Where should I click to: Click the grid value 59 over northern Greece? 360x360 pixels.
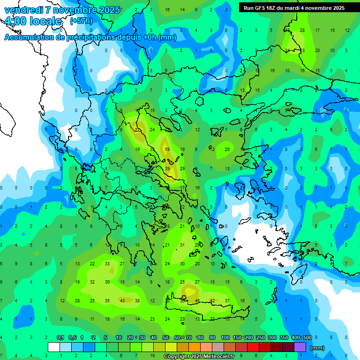point(167,150)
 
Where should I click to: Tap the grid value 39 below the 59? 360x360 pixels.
point(167,169)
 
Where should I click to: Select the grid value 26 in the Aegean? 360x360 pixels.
point(227,150)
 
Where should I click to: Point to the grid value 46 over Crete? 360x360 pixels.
point(197,301)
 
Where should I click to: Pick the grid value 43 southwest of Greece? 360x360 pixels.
point(122,301)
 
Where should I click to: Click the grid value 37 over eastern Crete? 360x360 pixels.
point(227,301)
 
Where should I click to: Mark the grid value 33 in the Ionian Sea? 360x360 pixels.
point(107,264)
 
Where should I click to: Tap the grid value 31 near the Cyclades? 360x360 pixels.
point(182,245)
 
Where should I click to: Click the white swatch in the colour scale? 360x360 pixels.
point(54,347)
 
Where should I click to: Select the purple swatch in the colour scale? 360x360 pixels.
point(300,347)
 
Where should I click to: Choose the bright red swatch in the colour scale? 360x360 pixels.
point(253,347)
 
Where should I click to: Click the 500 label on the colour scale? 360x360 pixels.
point(307,337)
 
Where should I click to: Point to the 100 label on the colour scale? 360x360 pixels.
point(225,337)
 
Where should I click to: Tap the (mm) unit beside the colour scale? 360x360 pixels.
point(317,348)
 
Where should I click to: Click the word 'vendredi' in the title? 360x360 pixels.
point(23,10)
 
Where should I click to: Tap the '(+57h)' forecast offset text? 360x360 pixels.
point(81,21)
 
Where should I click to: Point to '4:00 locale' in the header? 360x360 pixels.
point(33,21)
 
